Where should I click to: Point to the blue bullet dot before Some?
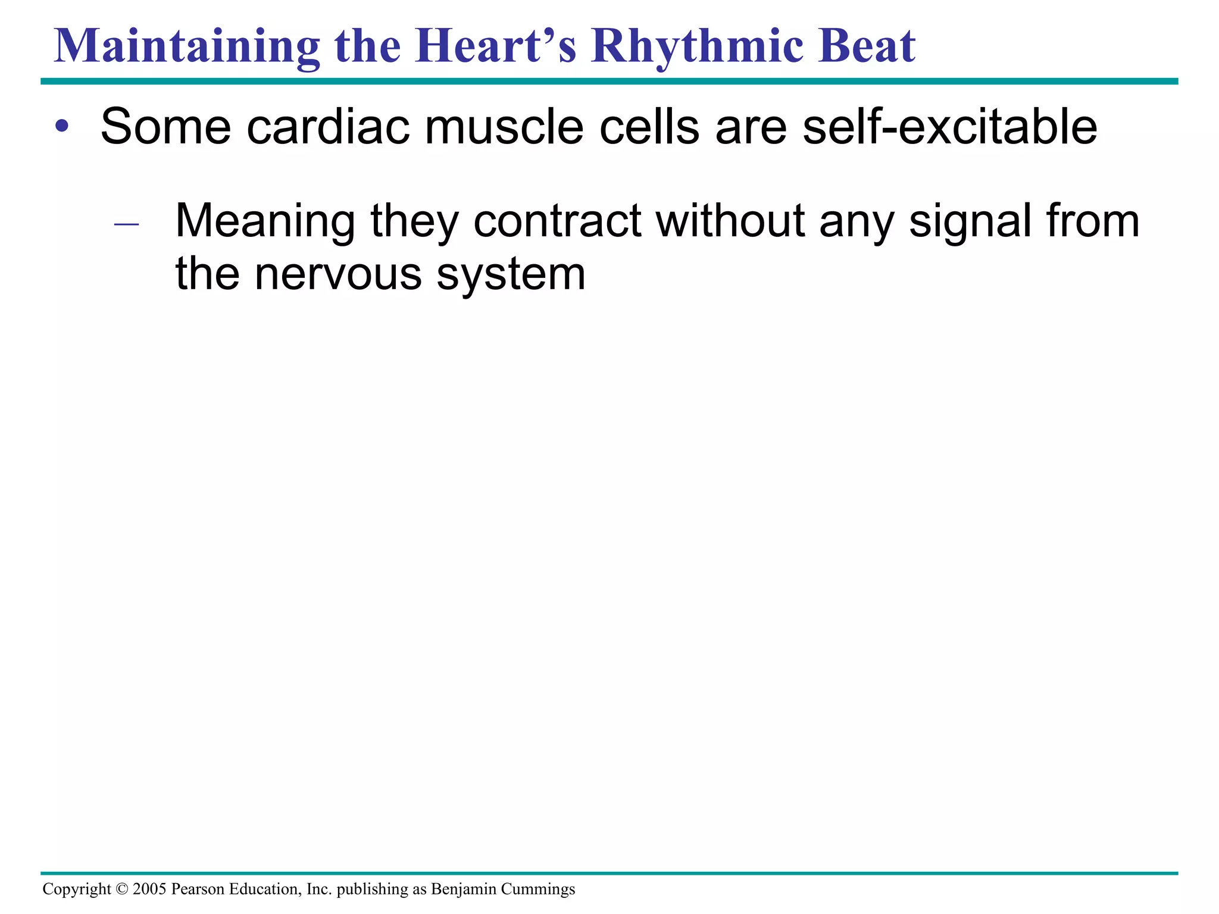[x=62, y=127]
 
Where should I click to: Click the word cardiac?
[x=328, y=127]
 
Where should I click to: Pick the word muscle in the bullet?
[x=504, y=127]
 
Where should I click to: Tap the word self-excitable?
[x=949, y=127]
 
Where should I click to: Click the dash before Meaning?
[x=126, y=224]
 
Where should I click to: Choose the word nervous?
[x=338, y=274]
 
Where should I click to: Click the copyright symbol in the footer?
[x=122, y=889]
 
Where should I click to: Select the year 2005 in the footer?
[x=149, y=889]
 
